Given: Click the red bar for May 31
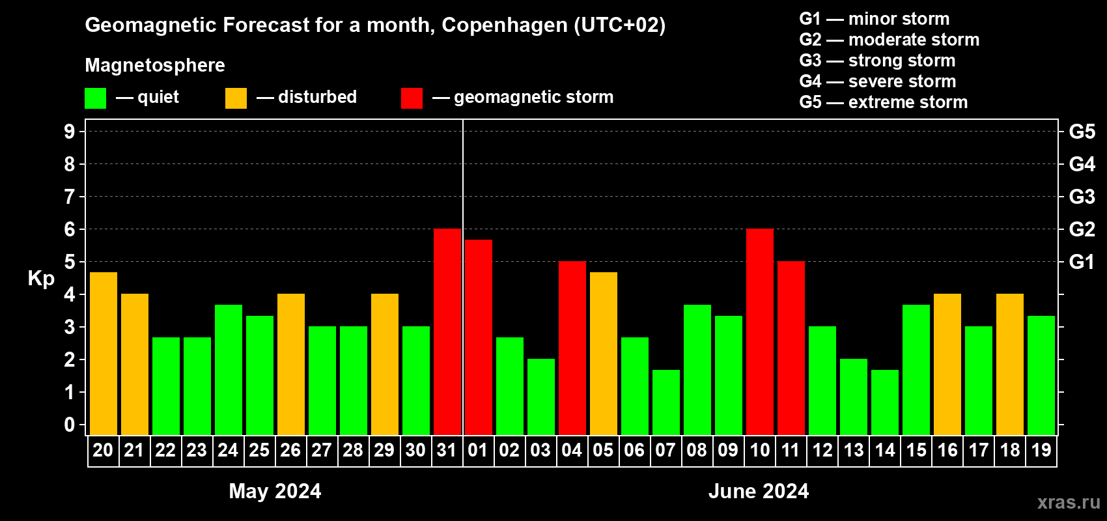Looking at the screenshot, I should tap(447, 331).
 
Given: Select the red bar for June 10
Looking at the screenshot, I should tap(760, 331).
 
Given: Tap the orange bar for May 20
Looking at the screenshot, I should tap(104, 353).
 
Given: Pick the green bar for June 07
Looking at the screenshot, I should tap(666, 402).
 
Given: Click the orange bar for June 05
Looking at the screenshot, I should tap(604, 353).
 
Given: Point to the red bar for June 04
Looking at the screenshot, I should tap(572, 348).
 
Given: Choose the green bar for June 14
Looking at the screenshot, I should tap(885, 402).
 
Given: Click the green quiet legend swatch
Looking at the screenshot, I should tap(95, 98).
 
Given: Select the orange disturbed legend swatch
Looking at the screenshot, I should tap(236, 98).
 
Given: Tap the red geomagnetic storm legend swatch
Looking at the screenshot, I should tap(412, 98).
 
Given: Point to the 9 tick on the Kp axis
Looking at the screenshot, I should tap(70, 132).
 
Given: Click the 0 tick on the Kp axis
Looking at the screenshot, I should tap(70, 425).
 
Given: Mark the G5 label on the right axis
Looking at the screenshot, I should tap(1082, 132).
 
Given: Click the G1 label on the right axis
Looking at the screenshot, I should tap(1082, 262).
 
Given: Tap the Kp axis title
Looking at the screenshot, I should tap(41, 278).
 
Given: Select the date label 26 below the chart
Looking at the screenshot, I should tap(290, 450).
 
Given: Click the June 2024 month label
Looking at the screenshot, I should tap(759, 491).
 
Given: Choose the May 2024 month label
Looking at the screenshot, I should tap(275, 491).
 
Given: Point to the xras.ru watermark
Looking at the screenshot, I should tap(1069, 502).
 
